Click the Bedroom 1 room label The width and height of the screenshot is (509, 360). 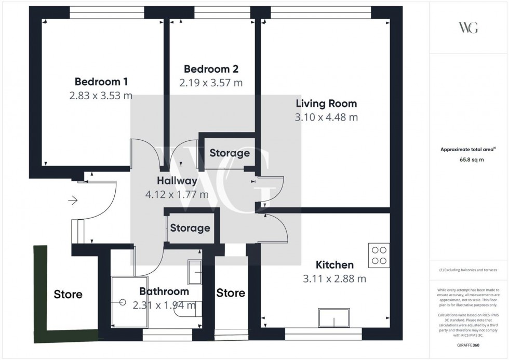coord(101,82)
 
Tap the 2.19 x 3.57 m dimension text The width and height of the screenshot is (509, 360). coord(211,83)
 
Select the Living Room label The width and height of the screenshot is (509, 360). coord(326,103)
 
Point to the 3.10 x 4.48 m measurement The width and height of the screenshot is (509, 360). coord(326,117)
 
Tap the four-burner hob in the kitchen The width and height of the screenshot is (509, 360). coord(379,255)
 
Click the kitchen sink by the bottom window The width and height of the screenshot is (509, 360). coord(334,317)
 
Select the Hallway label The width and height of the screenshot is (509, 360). coord(177,181)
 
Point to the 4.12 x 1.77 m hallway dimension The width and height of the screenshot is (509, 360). coord(177,195)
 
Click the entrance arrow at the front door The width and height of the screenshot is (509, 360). coord(72,199)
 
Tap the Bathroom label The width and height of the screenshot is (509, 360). coord(164,291)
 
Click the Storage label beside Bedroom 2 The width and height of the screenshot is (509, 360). coord(230,153)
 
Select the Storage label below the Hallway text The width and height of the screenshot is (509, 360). coord(190,228)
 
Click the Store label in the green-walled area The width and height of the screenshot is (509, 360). coord(68,295)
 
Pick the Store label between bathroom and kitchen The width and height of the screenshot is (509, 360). coord(231,293)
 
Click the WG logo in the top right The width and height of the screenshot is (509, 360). coord(468,28)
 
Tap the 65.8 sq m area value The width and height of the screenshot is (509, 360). coord(469,160)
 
